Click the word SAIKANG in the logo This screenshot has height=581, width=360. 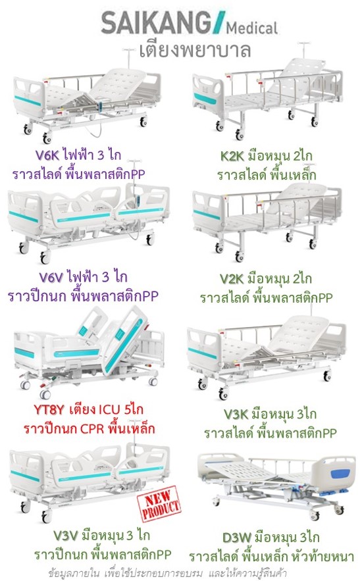[156, 23]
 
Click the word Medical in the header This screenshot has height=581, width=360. [252, 28]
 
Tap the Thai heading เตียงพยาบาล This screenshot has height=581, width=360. [195, 50]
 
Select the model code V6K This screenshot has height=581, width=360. [47, 155]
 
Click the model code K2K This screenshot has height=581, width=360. [232, 156]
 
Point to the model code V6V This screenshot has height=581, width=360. [51, 277]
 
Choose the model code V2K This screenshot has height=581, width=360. [232, 278]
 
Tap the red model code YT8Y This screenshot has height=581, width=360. [49, 410]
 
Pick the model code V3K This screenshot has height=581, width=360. [236, 414]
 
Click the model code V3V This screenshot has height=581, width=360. [66, 536]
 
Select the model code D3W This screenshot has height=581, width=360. [237, 538]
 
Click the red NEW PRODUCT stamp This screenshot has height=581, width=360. [159, 504]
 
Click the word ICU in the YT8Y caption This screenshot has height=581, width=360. [109, 410]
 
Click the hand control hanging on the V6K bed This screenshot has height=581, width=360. [100, 105]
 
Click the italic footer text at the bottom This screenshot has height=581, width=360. [167, 573]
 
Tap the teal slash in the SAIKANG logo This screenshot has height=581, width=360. [219, 22]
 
